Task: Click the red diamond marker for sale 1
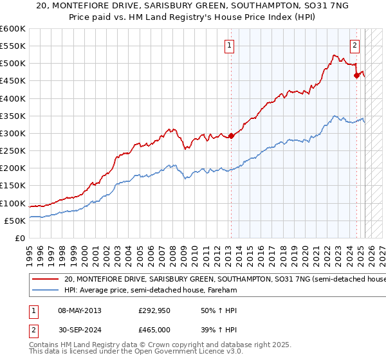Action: pyautogui.click(x=231, y=136)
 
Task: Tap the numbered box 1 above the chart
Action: pyautogui.click(x=230, y=45)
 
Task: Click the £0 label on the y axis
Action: pyautogui.click(x=21, y=238)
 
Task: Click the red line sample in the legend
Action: pyautogui.click(x=45, y=280)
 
